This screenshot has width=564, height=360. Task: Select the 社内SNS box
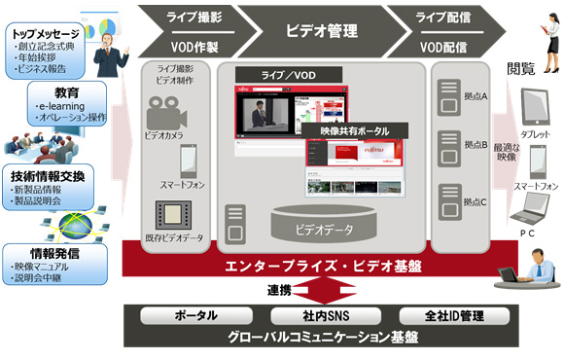pyautogui.click(x=321, y=316)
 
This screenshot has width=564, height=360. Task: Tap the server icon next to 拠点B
pyautogui.click(x=451, y=145)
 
